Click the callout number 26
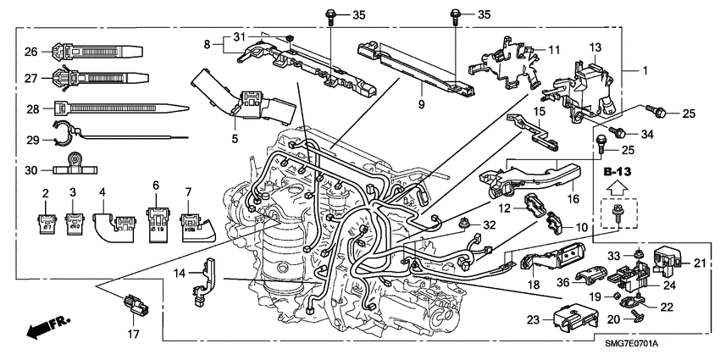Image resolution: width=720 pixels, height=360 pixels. point(30,52)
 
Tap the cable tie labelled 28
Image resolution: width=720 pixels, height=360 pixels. point(119,108)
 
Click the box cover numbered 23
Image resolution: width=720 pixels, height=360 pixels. point(573,318)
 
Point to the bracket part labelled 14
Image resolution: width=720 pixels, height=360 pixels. point(202,285)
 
